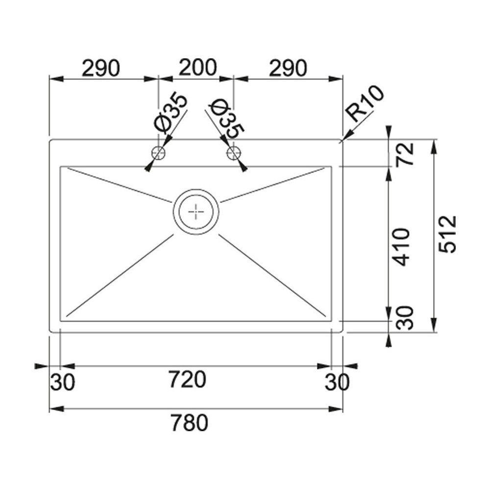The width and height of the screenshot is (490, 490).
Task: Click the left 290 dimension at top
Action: point(101,68)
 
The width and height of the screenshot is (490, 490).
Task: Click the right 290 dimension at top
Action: point(288,68)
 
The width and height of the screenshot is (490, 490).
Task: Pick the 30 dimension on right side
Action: point(405,318)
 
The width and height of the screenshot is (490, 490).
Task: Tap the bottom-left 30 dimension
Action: point(62,382)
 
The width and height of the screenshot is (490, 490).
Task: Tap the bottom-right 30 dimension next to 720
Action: point(337,382)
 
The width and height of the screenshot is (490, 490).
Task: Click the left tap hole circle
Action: point(159,153)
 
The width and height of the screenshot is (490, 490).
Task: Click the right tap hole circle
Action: point(233,153)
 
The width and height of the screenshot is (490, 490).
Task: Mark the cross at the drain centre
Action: point(196,212)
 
